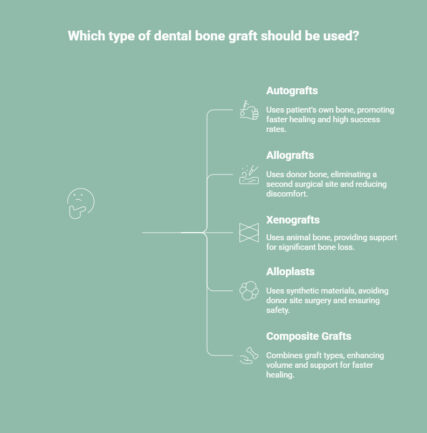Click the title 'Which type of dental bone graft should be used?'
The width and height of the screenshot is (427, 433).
(213, 36)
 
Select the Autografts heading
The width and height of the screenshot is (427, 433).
(292, 91)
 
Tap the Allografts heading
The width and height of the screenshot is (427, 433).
(290, 155)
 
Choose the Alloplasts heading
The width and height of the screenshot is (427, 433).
(291, 272)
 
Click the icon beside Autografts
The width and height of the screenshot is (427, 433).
(248, 110)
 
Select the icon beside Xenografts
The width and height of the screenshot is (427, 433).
(248, 233)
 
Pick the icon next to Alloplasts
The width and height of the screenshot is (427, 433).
(248, 292)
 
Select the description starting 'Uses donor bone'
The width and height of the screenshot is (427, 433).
(326, 183)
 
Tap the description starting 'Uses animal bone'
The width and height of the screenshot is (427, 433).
(331, 242)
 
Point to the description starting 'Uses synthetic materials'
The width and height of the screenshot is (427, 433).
(326, 300)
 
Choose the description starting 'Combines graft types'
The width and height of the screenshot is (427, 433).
(325, 364)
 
